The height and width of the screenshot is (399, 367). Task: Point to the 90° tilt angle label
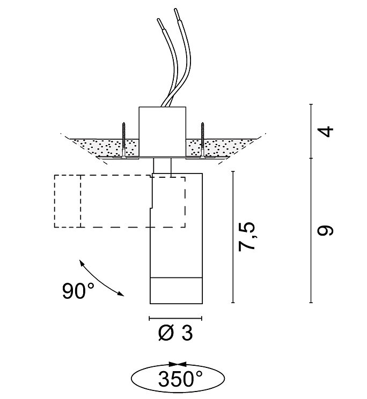pyautogui.click(x=78, y=291)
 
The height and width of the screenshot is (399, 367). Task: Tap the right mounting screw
pyautogui.click(x=203, y=140)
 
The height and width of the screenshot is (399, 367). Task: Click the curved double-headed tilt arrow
pyautogui.click(x=100, y=277)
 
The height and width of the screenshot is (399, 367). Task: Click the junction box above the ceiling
pyautogui.click(x=162, y=131)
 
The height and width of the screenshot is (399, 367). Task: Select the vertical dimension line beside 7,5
pyautogui.click(x=232, y=236)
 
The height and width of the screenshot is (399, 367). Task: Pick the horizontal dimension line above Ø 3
pyautogui.click(x=175, y=317)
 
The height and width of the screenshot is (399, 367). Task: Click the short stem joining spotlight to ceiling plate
pyautogui.click(x=162, y=166)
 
